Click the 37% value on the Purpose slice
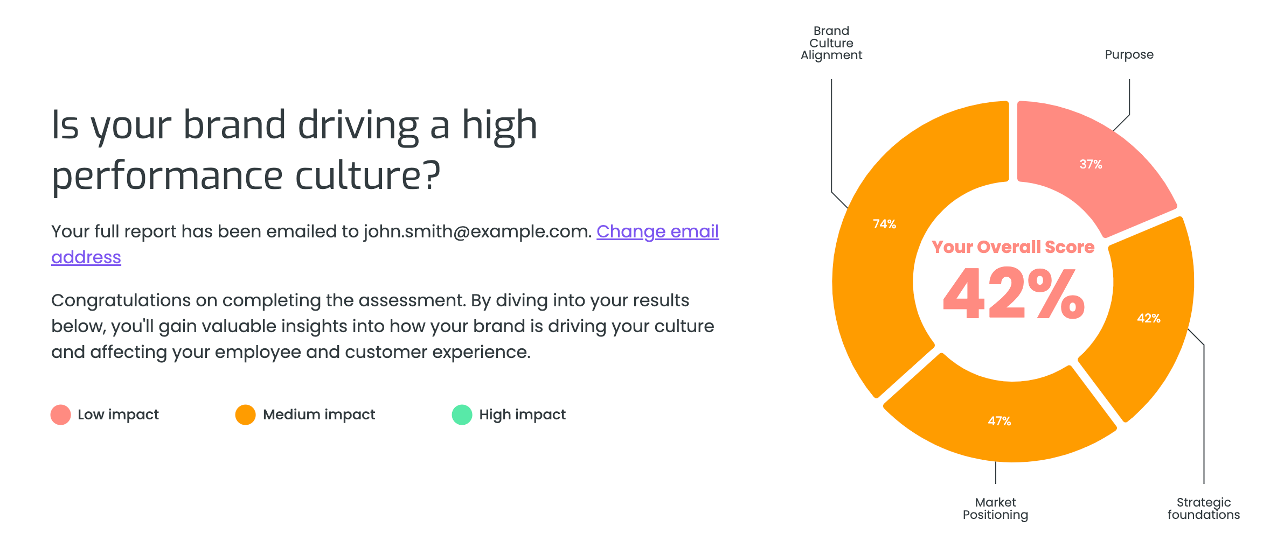[1091, 164]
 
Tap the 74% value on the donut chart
[884, 224]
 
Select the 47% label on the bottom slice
[1000, 421]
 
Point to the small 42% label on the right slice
[1149, 318]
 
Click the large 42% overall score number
[1014, 293]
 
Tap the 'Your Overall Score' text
[1013, 247]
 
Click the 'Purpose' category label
[1129, 55]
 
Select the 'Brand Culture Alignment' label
[831, 43]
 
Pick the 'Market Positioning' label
[995, 509]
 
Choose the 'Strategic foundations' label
[1204, 509]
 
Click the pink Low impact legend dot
[61, 414]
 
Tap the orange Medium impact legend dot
[246, 414]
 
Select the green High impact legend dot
[462, 414]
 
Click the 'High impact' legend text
[523, 414]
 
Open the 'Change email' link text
[657, 231]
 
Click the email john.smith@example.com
[477, 231]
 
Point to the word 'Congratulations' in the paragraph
[121, 300]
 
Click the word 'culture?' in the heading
[368, 175]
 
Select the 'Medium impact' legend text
[319, 414]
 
